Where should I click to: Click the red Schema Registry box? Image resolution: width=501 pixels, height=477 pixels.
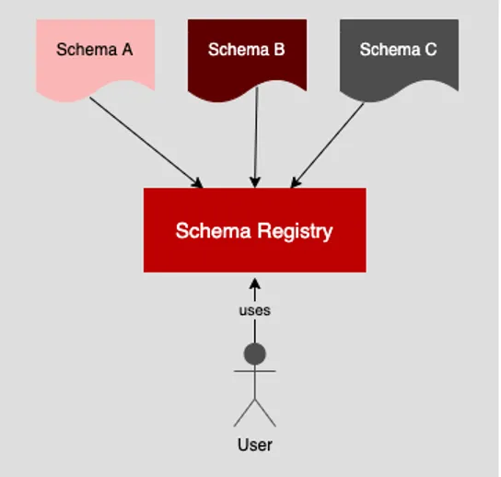point(254,230)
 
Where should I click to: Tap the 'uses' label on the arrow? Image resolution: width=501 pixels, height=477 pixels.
point(254,310)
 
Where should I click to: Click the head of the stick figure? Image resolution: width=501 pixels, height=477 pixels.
point(254,354)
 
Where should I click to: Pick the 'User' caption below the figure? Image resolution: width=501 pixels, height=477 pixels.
point(254,445)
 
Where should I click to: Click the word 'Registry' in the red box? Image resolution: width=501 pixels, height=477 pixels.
point(297,231)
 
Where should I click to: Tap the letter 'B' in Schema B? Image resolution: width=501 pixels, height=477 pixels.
point(278,50)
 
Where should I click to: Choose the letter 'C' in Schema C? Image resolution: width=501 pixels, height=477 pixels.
point(430,50)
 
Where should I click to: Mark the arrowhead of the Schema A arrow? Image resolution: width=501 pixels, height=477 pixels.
point(197,182)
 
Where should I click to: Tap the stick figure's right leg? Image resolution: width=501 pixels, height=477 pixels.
point(266,413)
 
